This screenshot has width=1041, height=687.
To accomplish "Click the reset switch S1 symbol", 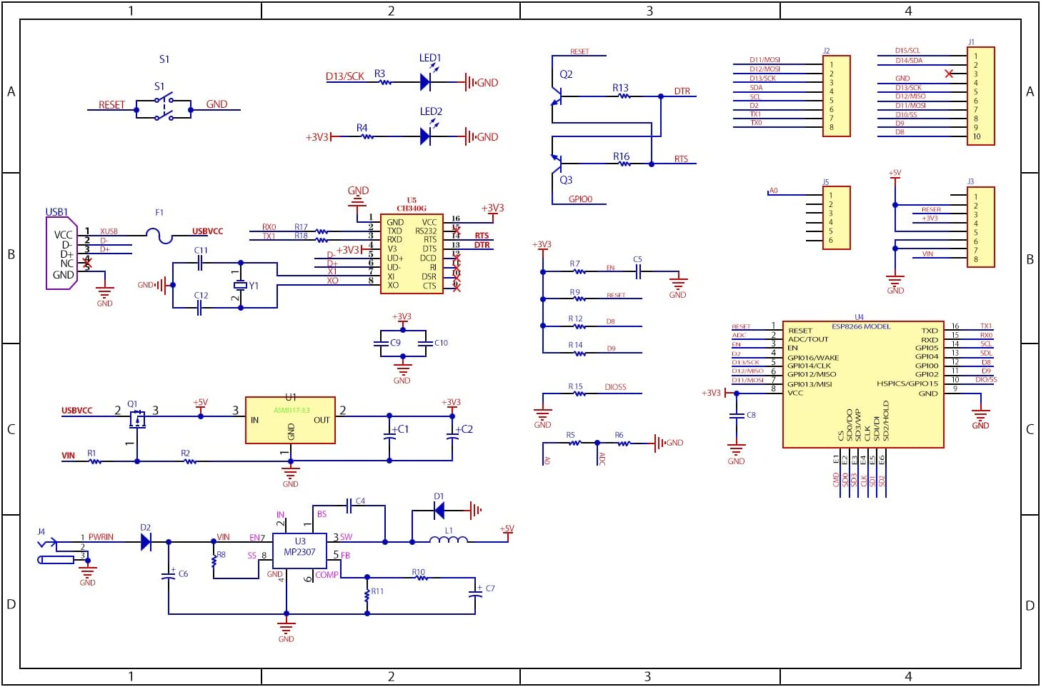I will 164,109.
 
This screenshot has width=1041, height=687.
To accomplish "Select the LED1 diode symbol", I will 425,82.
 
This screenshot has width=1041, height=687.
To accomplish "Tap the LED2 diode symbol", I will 425,136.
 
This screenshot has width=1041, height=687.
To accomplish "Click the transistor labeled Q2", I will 557,93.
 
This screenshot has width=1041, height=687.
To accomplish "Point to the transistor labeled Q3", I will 557,162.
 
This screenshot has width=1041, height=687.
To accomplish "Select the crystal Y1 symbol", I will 241,286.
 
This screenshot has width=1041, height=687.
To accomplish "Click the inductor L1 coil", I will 449,540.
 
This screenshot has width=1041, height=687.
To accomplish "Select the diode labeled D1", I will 439,510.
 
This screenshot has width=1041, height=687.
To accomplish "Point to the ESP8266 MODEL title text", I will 861,326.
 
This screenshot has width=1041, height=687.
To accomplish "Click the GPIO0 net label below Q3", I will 580,199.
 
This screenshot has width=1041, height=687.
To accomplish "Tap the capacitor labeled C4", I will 349,506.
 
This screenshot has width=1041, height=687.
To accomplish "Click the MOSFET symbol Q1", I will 136,420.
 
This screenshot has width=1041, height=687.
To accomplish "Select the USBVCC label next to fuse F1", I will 207,231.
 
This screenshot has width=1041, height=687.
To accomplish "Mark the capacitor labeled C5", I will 638,271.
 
